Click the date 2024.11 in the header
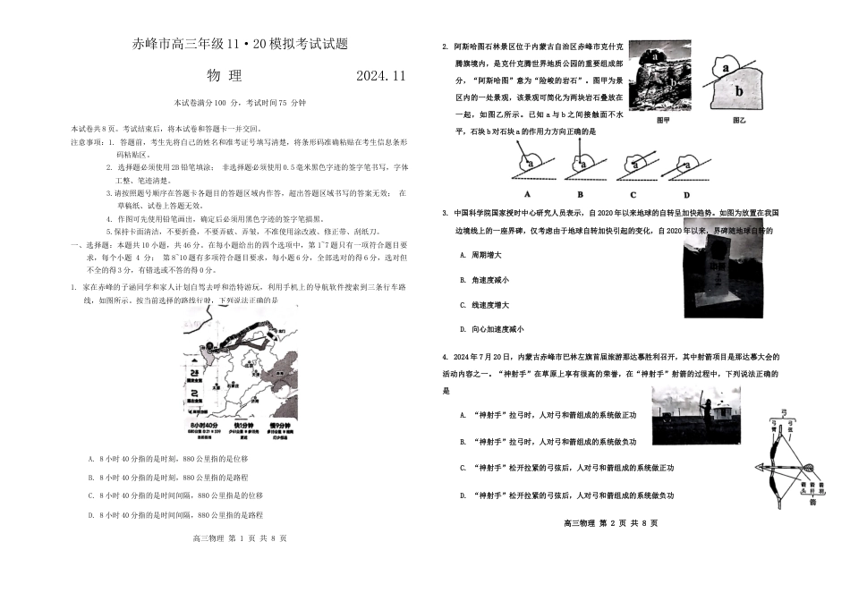[x=380, y=76]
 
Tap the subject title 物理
[x=224, y=76]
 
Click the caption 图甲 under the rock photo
[x=663, y=119]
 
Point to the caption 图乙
[x=740, y=119]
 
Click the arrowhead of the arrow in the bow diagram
[x=760, y=467]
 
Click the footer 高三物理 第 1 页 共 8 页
[x=240, y=538]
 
